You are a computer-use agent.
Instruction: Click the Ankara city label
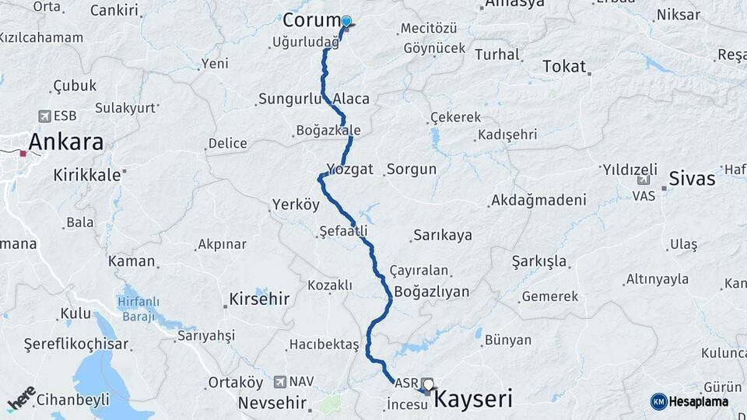66,142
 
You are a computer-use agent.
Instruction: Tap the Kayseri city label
473,400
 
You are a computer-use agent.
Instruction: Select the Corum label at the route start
312,20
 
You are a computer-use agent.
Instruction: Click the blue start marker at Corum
346,22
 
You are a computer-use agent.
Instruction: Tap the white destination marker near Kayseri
428,384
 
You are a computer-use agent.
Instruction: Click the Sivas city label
692,178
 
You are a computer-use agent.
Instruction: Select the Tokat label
564,66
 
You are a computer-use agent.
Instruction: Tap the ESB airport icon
44,116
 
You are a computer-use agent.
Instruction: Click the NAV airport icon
279,382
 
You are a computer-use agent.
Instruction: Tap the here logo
22,397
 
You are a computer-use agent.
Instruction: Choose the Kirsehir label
259,299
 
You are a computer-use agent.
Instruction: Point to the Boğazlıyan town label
432,292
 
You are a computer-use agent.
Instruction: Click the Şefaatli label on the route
343,231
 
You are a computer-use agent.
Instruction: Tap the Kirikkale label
86,175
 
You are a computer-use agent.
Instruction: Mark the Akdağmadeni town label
538,200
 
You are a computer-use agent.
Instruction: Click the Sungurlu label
289,99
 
